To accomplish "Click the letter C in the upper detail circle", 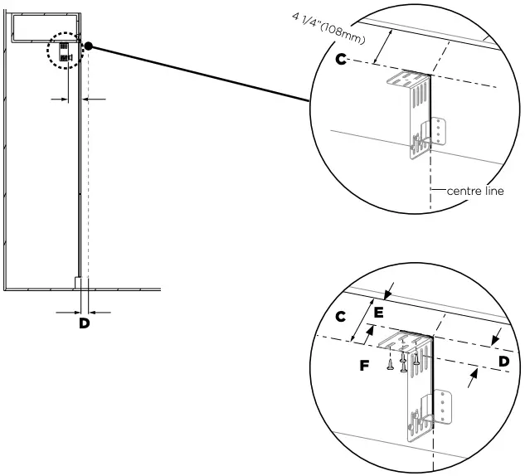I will pos(340,60).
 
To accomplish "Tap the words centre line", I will pos(474,191).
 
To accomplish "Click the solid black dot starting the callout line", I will pos(89,47).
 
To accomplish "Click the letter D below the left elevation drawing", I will pos(84,323).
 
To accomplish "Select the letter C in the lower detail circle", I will pos(339,317).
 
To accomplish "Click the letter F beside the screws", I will pos(363,363).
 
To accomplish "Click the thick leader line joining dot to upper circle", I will pos(199,75).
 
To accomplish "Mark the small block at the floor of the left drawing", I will pos(78,283).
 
